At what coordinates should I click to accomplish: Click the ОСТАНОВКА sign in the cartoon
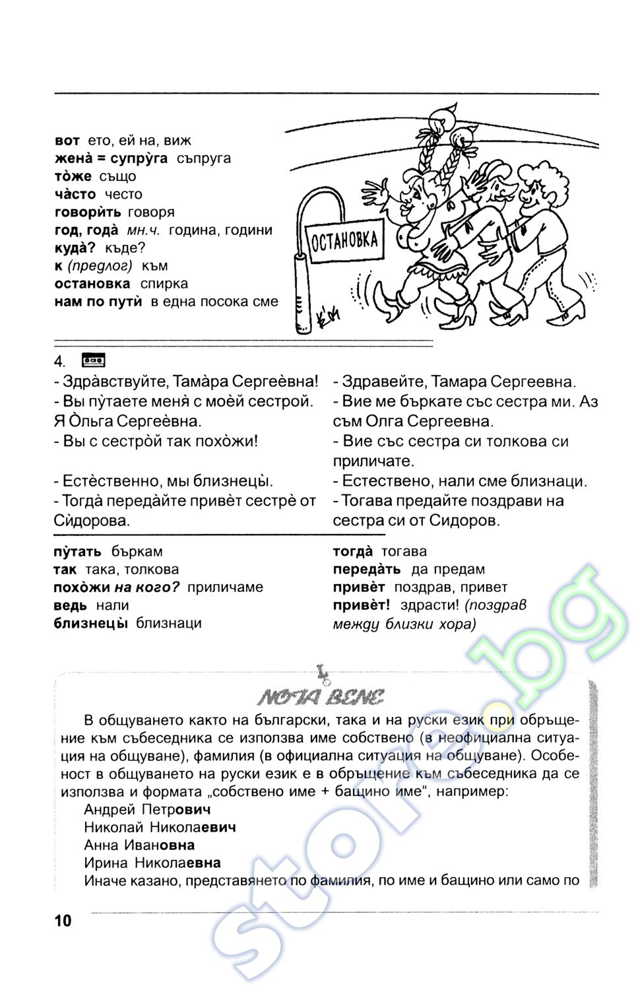[x=344, y=241]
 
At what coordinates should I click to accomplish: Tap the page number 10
[x=63, y=921]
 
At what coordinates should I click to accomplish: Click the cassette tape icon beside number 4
[x=93, y=360]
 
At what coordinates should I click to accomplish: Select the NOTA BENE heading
[x=321, y=697]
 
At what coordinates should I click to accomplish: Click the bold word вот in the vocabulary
[x=67, y=141]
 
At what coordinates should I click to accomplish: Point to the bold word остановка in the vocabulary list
[x=92, y=284]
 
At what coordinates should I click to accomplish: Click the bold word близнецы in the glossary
[x=90, y=623]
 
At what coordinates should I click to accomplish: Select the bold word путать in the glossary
[x=78, y=552]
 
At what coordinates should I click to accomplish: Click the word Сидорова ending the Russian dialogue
[x=92, y=521]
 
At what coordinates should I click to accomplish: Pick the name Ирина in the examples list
[x=106, y=863]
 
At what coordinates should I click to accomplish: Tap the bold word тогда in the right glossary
[x=353, y=552]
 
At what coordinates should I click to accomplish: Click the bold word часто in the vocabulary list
[x=75, y=194]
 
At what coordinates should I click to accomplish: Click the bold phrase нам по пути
[x=98, y=302]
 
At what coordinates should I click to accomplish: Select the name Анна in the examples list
[x=101, y=845]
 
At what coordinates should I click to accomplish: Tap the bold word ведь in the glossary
[x=71, y=605]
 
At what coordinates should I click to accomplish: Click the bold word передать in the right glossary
[x=367, y=570]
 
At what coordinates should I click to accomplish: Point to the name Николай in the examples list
[x=113, y=827]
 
